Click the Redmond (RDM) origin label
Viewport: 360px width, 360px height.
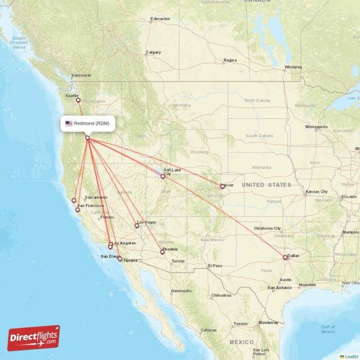[91, 123]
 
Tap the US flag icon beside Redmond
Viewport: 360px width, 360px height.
[69, 123]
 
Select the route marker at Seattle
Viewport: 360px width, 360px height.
[78, 100]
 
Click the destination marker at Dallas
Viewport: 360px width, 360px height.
[285, 257]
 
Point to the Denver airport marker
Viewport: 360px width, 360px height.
[222, 186]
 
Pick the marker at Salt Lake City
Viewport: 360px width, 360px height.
[162, 176]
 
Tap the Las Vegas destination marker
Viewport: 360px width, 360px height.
[137, 226]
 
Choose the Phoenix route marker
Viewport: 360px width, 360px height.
[162, 252]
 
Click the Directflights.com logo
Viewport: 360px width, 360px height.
[34, 338]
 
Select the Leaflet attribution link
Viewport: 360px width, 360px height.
[351, 356]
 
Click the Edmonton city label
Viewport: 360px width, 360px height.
[161, 19]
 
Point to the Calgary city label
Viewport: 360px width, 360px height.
[153, 52]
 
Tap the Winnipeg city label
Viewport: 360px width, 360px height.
[293, 67]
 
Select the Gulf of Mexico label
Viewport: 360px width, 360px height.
[328, 329]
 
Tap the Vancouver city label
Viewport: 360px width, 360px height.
[81, 75]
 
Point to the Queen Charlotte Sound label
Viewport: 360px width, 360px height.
[19, 43]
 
